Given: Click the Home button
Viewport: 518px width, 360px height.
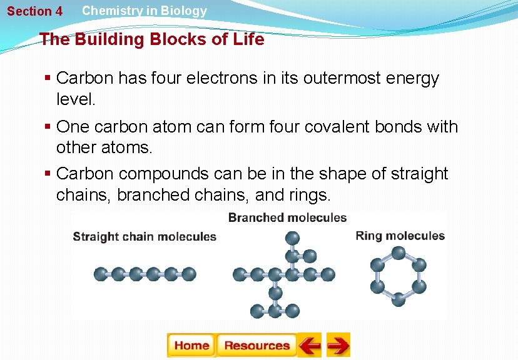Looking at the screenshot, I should coord(191,345).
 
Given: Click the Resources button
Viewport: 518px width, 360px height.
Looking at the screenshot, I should coord(256,345).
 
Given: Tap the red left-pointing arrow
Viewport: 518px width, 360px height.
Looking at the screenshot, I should coord(309,345).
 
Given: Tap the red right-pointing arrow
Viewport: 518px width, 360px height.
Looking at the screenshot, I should coord(338,345).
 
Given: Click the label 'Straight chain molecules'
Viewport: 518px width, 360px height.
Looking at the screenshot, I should coord(145,237).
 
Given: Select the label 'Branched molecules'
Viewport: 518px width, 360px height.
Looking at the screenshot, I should coord(287,217).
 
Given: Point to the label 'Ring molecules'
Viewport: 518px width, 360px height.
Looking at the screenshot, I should coord(400,236).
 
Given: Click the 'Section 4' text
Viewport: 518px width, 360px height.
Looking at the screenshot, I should coord(34,11).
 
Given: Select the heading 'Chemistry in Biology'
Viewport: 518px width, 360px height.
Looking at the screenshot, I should coord(145,11).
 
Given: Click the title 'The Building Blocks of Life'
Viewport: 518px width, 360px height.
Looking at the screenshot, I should coord(152,39).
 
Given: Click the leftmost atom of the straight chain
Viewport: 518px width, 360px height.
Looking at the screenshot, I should coord(100,274).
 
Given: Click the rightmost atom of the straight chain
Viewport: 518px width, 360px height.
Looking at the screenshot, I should coord(190,274).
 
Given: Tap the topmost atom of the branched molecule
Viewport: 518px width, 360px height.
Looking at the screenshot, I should coord(292,238).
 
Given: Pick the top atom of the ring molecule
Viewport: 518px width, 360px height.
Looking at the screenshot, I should coord(399,252).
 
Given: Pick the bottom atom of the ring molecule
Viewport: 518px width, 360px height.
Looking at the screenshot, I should coord(399,299).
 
